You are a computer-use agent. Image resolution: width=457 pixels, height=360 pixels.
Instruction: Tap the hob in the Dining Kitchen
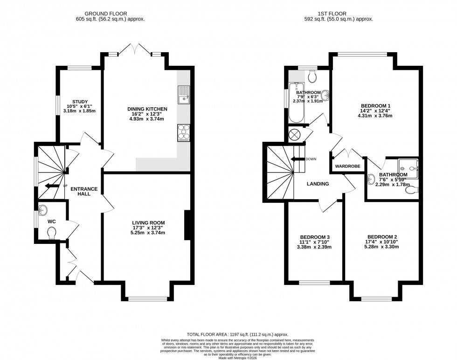pos(184,133)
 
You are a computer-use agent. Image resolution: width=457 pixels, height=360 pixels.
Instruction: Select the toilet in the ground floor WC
pos(51,232)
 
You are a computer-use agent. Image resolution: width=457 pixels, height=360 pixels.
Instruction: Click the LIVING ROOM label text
pos(147,222)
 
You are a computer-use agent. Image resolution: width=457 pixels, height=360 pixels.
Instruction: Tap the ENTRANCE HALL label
pos(84,191)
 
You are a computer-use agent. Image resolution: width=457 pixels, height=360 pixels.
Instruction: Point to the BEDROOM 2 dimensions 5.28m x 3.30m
pos(382,247)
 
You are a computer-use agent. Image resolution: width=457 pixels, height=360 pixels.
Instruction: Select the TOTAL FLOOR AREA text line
pos(237,334)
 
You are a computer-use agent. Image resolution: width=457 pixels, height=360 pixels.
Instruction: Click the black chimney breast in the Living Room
pos(187,226)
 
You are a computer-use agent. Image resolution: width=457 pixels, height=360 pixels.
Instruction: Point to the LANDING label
pos(318,184)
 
